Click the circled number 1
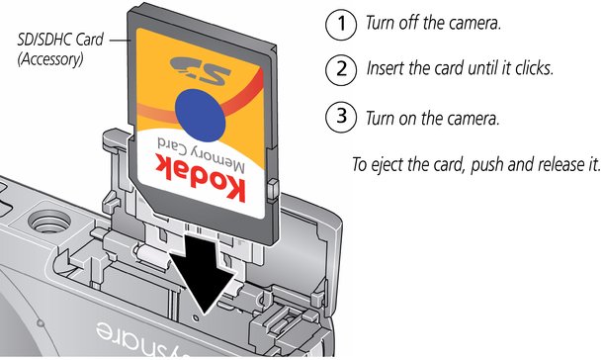click(x=341, y=24)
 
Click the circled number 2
click(x=341, y=69)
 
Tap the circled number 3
click(x=341, y=117)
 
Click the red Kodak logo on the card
click(x=201, y=177)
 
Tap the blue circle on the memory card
click(x=200, y=115)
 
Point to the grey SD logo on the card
click(x=201, y=70)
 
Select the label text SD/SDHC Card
click(x=60, y=40)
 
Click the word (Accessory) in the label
click(x=50, y=59)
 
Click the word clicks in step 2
click(x=534, y=68)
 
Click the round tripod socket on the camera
click(x=49, y=223)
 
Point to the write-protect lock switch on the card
click(x=272, y=189)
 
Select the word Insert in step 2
click(x=386, y=68)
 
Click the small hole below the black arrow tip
click(x=196, y=318)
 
